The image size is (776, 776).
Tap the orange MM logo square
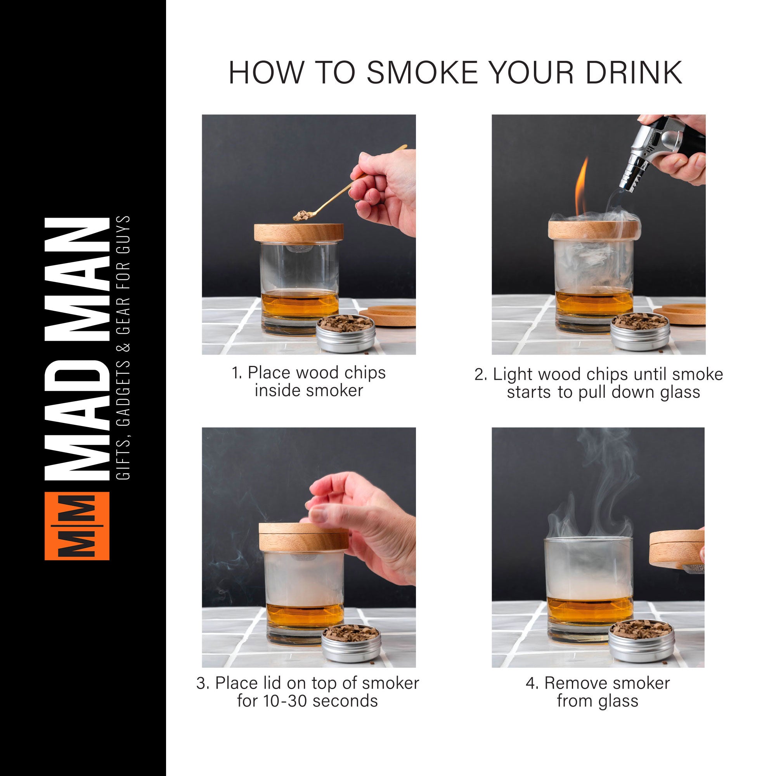tap(77, 526)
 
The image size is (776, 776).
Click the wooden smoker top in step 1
tap(298, 233)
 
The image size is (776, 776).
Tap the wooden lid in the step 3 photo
tap(303, 536)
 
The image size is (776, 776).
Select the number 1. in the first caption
tap(237, 373)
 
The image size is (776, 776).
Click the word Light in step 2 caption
tap(514, 374)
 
